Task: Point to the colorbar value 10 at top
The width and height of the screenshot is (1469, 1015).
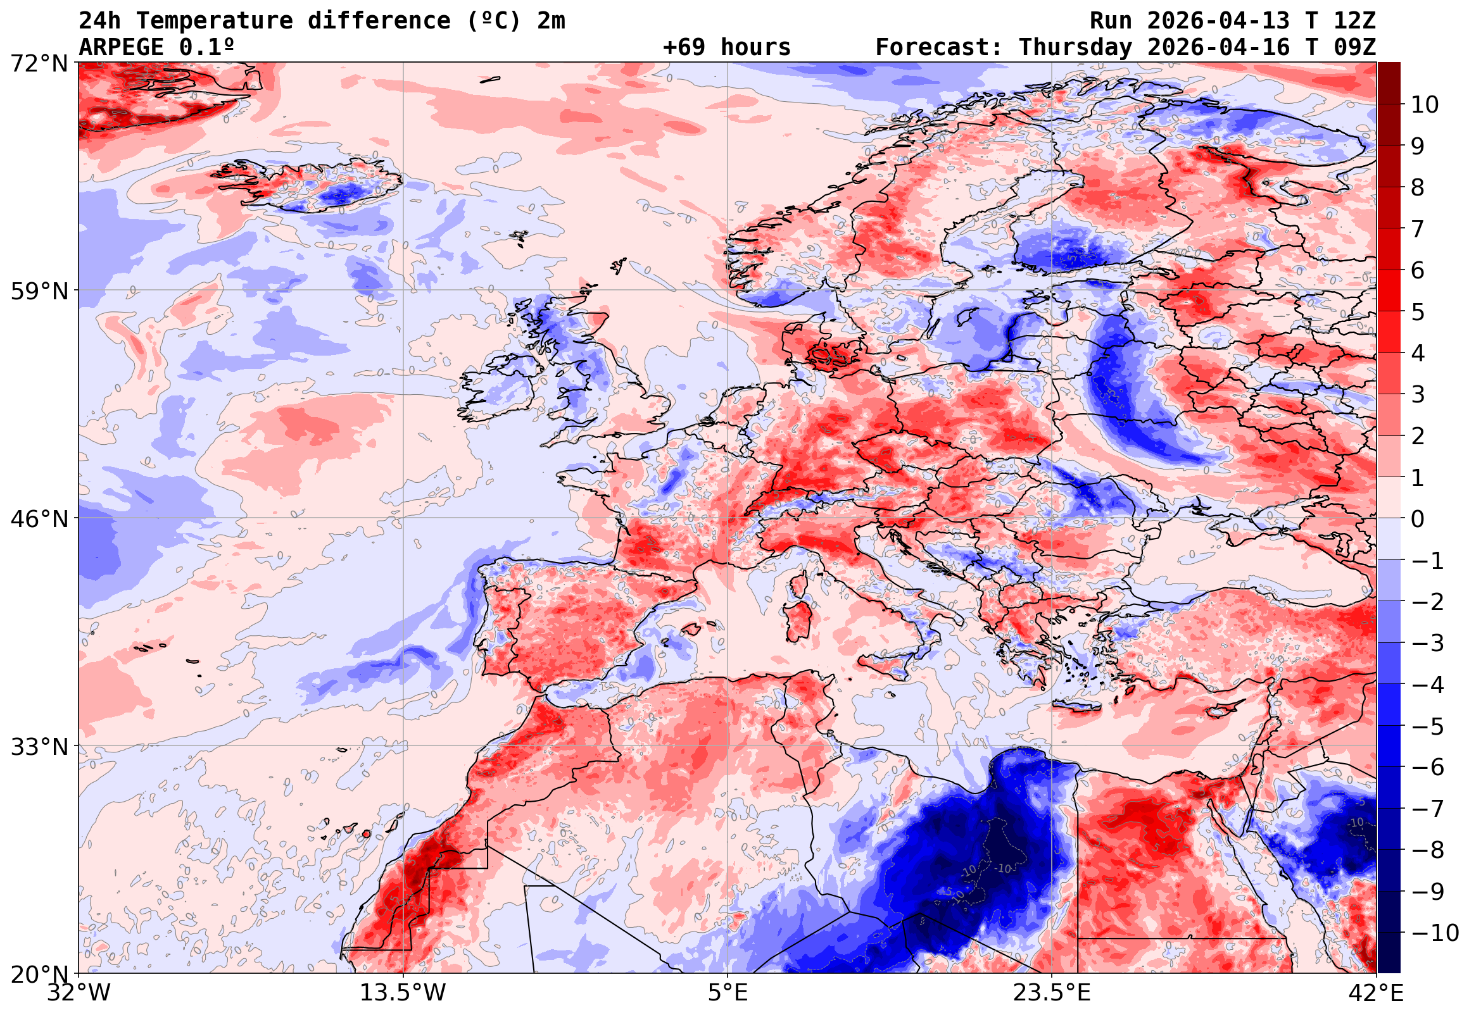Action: [1425, 105]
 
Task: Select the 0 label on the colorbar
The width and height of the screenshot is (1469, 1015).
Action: [1418, 519]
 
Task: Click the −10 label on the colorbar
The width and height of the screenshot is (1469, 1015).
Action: [1435, 933]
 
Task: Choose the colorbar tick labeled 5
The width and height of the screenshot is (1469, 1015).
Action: [1418, 312]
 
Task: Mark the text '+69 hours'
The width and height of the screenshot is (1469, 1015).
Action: [726, 47]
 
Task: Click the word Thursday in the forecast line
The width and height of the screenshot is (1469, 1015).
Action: [1075, 47]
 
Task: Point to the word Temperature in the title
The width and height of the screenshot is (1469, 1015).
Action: [215, 21]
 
